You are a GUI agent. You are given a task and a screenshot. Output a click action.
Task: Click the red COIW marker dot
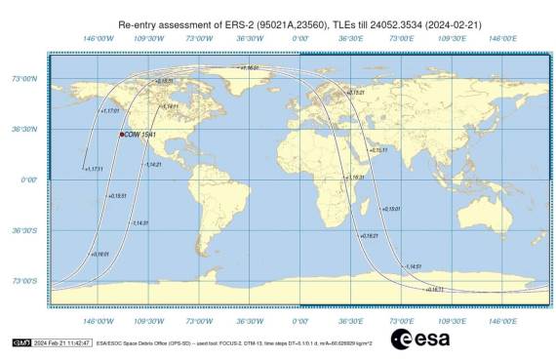tap(121, 135)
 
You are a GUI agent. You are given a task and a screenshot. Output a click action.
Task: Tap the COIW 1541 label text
tap(139, 135)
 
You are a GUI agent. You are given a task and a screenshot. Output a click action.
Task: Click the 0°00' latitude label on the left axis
tap(29, 180)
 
